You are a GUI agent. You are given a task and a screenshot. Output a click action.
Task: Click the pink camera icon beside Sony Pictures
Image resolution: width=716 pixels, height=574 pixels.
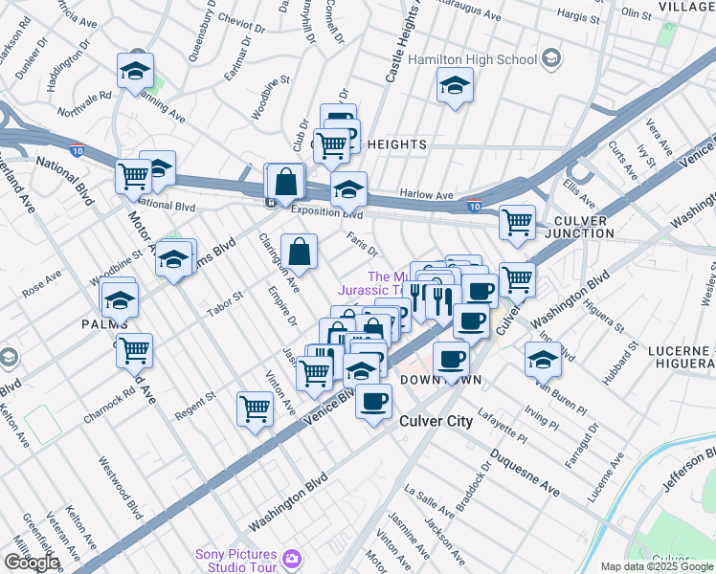(291, 557)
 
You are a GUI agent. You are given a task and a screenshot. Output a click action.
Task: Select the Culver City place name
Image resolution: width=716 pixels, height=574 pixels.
(436, 421)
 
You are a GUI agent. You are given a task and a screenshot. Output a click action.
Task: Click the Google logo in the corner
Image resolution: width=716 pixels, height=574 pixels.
(32, 562)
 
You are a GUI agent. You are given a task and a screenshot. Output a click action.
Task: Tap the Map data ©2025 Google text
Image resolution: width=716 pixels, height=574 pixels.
(657, 566)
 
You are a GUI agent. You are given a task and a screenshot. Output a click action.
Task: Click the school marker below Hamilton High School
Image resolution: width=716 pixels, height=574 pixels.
(455, 85)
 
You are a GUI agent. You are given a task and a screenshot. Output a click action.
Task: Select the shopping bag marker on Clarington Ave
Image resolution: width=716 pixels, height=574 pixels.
(300, 252)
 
